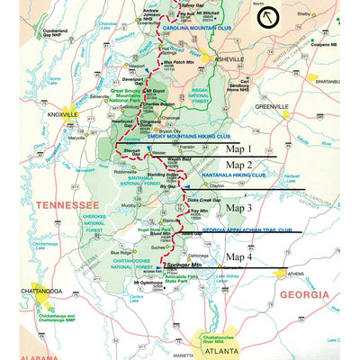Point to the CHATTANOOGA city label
(x=32, y=292)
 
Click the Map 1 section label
(x=238, y=148)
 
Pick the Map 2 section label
(x=238, y=166)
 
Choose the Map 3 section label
(x=238, y=207)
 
